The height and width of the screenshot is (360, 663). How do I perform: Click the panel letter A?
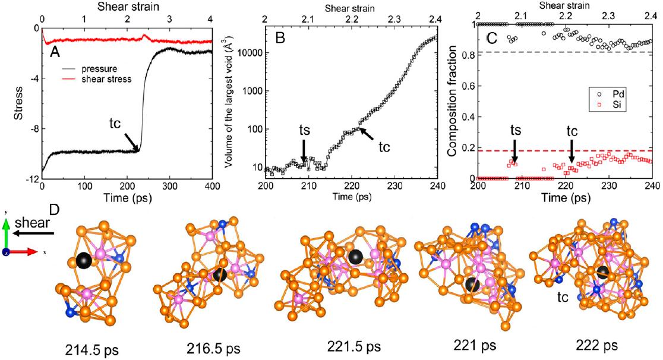pos(55,52)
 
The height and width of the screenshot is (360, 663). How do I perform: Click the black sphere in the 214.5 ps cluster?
pos(84,260)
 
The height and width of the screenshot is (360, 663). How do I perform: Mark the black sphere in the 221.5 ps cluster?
pos(356,257)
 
